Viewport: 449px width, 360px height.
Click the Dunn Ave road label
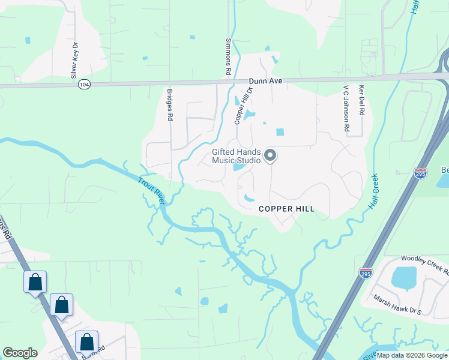click(x=266, y=81)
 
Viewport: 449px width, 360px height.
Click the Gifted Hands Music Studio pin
click(x=270, y=156)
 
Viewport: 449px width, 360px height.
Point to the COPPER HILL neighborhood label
click(x=286, y=209)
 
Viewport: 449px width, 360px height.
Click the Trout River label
click(x=152, y=191)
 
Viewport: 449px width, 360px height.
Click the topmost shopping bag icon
click(x=35, y=281)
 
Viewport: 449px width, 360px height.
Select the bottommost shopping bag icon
click(x=86, y=342)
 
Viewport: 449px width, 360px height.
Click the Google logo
click(x=20, y=353)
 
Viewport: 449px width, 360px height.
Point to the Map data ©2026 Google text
click(x=412, y=355)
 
